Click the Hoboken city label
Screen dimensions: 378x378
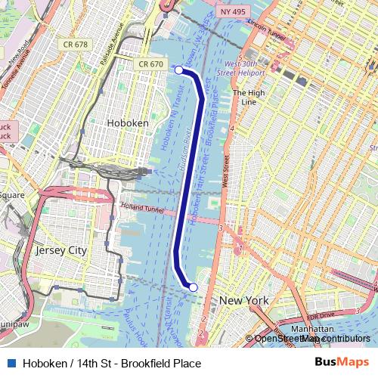(127, 122)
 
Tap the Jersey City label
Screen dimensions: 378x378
(61, 250)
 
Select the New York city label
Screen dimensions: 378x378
(243, 301)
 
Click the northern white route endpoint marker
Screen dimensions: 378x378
(179, 70)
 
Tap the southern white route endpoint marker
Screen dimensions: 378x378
(193, 287)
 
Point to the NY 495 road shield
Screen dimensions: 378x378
(233, 12)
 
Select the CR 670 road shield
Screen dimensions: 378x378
(151, 65)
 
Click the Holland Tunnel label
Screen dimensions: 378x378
(142, 208)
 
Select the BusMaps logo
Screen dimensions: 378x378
(341, 363)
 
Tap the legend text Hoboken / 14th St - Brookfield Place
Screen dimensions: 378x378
(112, 364)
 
